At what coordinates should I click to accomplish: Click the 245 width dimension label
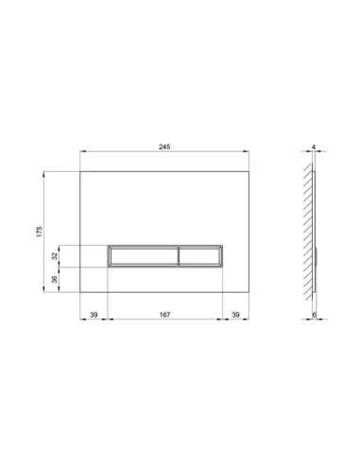point(164,146)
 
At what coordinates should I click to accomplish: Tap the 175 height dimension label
point(39,232)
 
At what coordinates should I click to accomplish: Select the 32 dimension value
point(55,256)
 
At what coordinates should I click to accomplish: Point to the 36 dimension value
point(55,280)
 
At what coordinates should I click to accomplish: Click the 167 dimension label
point(164,315)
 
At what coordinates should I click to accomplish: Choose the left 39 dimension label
point(94,315)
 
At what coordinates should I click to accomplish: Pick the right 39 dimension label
point(235,315)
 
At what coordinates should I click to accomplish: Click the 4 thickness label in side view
point(314,146)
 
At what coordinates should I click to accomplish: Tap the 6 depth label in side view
point(315,315)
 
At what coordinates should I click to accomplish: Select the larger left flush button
point(144,256)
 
